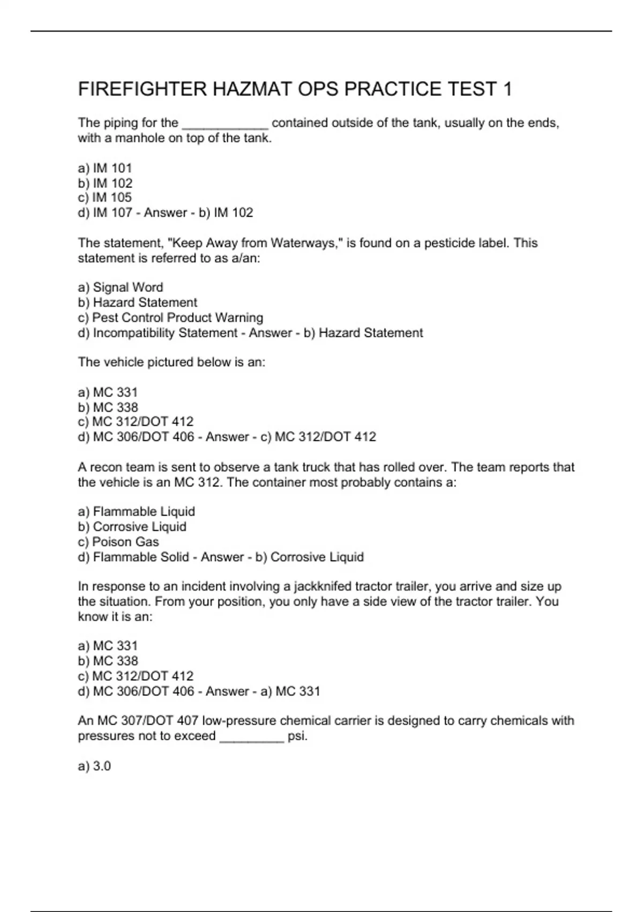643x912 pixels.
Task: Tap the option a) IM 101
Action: tap(105, 168)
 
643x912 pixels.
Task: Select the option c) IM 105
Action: tap(105, 197)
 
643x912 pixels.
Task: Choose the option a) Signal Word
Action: tap(121, 288)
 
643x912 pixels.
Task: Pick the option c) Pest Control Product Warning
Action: tap(170, 318)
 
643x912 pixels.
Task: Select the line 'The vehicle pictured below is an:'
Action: tap(171, 362)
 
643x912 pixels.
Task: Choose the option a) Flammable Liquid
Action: tap(137, 512)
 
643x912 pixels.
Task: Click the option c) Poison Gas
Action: tap(118, 542)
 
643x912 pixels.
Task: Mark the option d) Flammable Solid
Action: tap(133, 557)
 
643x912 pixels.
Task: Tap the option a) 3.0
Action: tap(94, 766)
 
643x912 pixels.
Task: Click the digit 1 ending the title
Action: tap(507, 89)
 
